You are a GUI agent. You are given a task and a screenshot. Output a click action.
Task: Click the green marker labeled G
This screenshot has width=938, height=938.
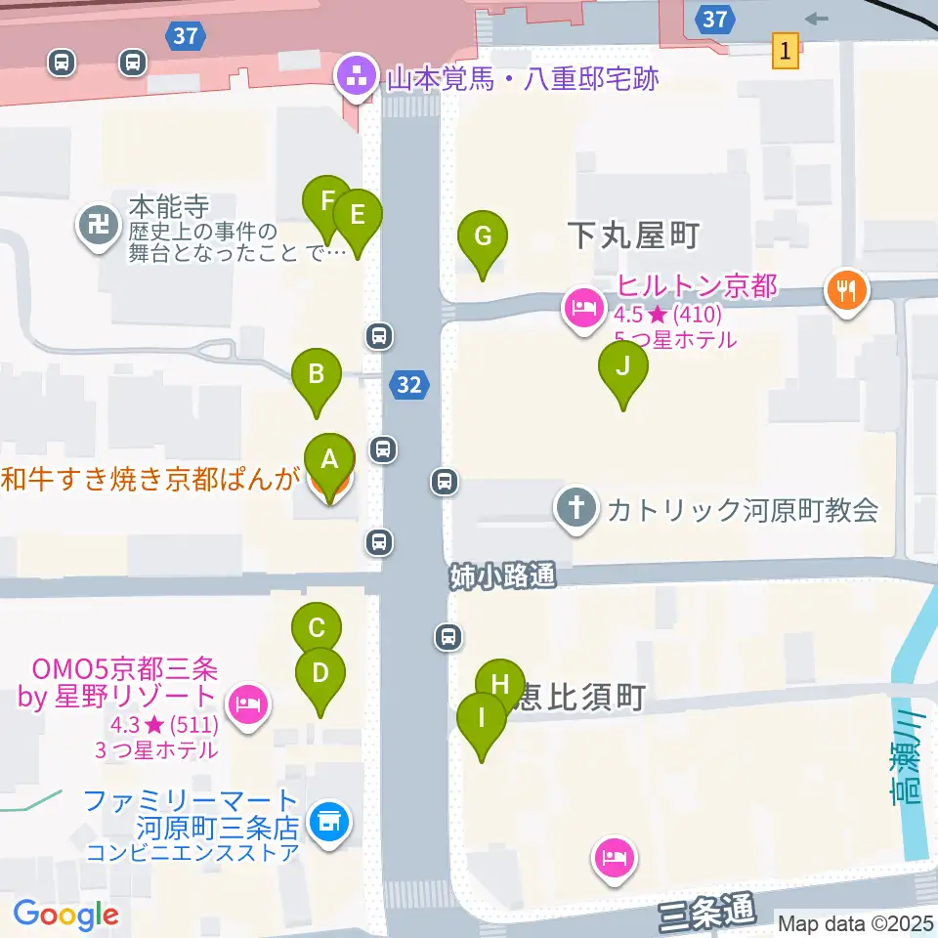coord(483,237)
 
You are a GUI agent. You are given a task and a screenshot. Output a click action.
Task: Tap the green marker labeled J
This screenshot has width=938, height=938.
coord(623,368)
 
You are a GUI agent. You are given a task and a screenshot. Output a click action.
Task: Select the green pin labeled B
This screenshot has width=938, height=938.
coord(317,374)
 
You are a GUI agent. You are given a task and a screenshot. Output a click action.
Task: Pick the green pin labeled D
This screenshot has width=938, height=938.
coord(320,674)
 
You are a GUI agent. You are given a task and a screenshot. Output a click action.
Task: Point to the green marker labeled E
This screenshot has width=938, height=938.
coord(358,215)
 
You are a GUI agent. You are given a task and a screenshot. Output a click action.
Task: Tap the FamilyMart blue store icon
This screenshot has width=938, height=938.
coord(329,823)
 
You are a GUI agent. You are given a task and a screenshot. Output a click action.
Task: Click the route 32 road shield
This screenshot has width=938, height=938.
coord(409,385)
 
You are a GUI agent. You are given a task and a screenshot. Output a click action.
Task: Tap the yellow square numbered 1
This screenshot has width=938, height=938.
coord(786,49)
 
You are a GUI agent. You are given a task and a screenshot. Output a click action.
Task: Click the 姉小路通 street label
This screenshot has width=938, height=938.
coord(502,576)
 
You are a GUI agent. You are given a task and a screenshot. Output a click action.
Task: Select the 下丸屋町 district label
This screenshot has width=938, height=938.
coord(635,235)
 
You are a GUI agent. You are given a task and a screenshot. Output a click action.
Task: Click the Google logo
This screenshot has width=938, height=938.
coord(66,915)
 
